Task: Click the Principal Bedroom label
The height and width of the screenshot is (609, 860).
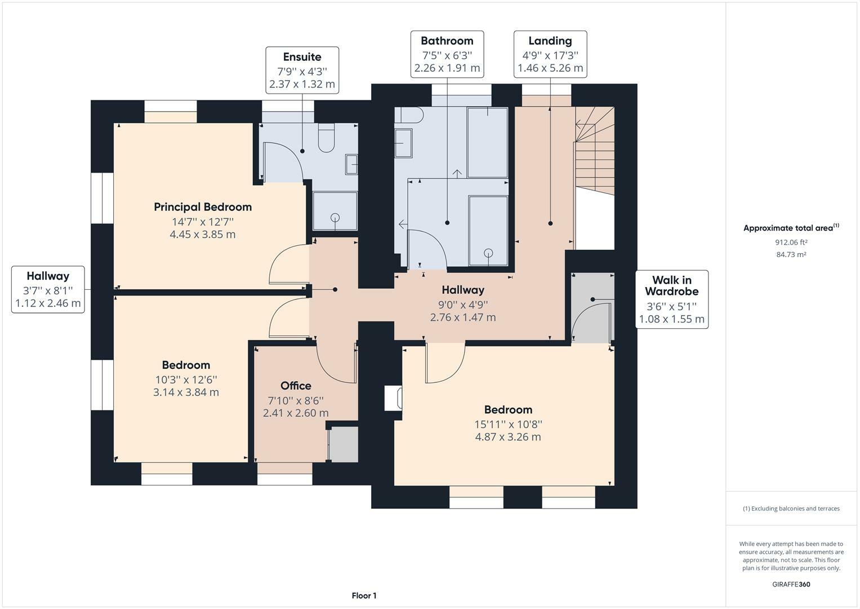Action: click(203, 207)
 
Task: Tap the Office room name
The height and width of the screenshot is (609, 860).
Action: click(296, 386)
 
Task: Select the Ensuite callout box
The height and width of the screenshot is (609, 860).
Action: click(302, 70)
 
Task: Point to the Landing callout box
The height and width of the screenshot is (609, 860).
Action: click(550, 54)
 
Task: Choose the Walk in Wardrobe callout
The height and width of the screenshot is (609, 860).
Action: click(671, 299)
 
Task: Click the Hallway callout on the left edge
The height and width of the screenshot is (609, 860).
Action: click(48, 289)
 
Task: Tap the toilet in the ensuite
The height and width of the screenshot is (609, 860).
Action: click(326, 139)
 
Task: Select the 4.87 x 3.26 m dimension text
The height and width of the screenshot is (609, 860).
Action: click(508, 437)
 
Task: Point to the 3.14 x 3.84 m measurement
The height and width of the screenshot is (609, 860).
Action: click(186, 392)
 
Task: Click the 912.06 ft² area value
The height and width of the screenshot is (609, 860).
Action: click(791, 242)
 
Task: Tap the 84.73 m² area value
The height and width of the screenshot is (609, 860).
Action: click(791, 255)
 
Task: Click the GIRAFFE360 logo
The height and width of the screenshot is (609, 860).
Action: click(791, 584)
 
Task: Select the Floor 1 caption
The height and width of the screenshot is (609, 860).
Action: click(364, 595)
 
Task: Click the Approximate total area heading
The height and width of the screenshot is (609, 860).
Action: click(791, 228)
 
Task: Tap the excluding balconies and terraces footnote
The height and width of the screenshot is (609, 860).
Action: click(791, 509)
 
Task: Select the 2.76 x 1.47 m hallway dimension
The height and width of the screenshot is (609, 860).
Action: click(463, 317)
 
